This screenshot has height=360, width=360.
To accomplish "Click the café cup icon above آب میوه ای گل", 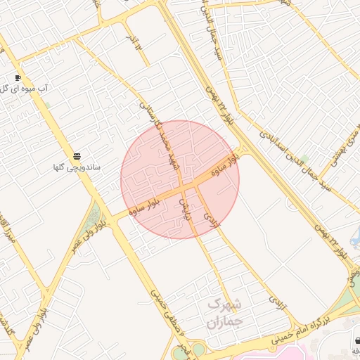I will [x=18, y=77].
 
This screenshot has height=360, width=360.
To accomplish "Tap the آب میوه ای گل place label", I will [x=25, y=89].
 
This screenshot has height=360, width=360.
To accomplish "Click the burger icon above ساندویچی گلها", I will [x=77, y=155].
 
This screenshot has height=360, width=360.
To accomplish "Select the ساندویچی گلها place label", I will [x=77, y=168].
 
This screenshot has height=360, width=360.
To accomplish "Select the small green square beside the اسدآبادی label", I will [x=304, y=159].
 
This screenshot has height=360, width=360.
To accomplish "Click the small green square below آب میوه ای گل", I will [x=46, y=105].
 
